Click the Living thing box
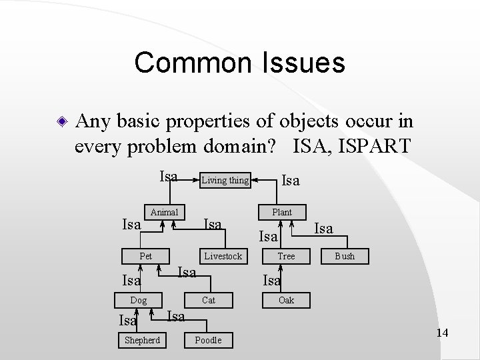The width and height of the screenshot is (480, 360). pyautogui.click(x=224, y=180)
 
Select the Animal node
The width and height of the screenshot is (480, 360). pyautogui.click(x=164, y=212)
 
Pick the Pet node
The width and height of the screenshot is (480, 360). pyautogui.click(x=145, y=256)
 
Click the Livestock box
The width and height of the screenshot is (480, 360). pyautogui.click(x=223, y=256)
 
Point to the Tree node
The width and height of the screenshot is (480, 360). pyautogui.click(x=286, y=256)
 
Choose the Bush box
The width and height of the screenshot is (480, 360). pyautogui.click(x=345, y=256)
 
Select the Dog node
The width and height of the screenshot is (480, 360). pyautogui.click(x=139, y=300)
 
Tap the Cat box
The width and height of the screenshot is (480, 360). pyautogui.click(x=209, y=300)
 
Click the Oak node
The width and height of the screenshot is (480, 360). pyautogui.click(x=286, y=300)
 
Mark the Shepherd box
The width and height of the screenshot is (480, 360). pyautogui.click(x=143, y=340)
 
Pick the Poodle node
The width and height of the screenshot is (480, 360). pyautogui.click(x=208, y=340)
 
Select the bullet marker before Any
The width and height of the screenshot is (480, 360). pyautogui.click(x=61, y=123)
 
